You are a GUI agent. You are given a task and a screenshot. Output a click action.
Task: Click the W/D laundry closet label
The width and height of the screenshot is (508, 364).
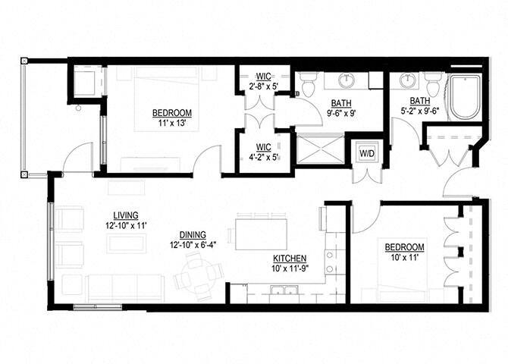click(366, 152)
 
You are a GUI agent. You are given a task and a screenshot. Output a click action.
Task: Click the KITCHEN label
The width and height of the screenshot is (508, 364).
click(290, 259)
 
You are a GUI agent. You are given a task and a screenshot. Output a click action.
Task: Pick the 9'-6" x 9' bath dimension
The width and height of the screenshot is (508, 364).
click(340, 114)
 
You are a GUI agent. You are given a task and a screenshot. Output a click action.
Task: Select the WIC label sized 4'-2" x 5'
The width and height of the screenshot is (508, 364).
click(263, 148)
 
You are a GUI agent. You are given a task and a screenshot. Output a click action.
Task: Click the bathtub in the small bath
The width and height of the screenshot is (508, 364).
click(464, 98)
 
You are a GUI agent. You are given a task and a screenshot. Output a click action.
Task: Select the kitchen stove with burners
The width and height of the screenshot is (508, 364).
click(331, 262)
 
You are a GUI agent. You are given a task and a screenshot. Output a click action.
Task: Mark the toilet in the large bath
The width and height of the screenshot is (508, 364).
click(309, 86)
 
